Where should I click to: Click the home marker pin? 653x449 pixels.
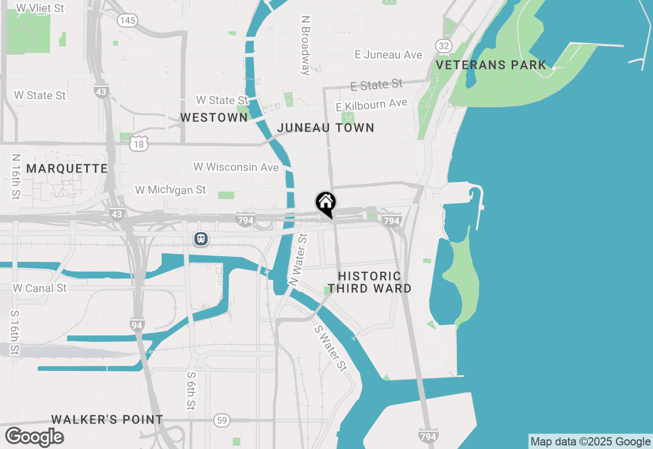coord(325,203)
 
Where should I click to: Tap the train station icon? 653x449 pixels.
coord(201,238)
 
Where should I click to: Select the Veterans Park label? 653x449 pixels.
coord(491,65)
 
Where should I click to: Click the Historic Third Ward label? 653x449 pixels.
coord(370,282)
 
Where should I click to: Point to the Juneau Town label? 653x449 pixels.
coord(325,128)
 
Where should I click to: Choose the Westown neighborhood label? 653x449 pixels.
coord(214,117)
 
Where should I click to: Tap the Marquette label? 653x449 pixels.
coord(67,168)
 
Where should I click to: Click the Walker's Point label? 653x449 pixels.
coord(107,419)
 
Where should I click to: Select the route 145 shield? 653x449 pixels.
coord(127,20)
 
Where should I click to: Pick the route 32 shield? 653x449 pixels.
coord(444,46)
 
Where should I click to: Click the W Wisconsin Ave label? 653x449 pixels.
coord(236,167)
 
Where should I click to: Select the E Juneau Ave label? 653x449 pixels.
coord(389,55)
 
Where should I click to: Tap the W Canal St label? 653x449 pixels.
coord(40,288)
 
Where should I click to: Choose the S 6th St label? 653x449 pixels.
coord(190,390)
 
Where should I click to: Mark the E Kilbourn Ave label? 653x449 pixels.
coord(371,104)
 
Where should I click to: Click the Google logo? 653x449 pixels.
coord(34,437)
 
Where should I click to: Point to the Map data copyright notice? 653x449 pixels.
coord(590,441)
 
